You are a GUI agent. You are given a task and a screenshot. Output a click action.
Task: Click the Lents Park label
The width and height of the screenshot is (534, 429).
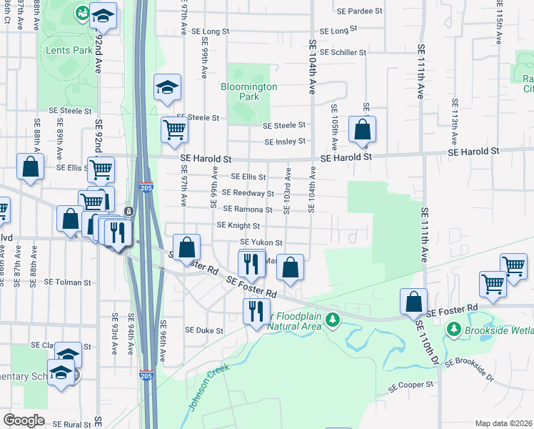click(69, 51)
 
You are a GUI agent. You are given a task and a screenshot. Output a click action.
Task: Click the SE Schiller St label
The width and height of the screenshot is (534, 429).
click(343, 52)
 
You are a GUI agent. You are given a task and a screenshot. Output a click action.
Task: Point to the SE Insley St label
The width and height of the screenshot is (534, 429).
click(285, 142)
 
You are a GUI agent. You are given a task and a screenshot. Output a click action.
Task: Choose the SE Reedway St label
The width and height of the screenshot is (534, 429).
click(248, 193)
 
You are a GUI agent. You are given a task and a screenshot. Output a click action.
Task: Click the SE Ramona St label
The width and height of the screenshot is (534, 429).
click(248, 209)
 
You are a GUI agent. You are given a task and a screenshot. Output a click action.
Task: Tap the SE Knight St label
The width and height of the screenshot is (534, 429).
click(238, 226)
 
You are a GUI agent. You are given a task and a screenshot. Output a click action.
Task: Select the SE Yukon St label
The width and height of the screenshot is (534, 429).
click(261, 243)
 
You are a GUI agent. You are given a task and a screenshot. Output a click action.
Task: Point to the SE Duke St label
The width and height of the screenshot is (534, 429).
click(204, 331)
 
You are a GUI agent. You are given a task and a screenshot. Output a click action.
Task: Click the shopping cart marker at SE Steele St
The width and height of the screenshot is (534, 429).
click(174, 130)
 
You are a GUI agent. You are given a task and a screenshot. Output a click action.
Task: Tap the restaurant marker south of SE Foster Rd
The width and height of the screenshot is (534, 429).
click(256, 311)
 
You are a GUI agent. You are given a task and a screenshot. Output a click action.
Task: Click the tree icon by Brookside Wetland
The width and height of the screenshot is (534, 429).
click(453, 329)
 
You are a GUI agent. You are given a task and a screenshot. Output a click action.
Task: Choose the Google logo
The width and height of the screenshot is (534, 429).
click(24, 420)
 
